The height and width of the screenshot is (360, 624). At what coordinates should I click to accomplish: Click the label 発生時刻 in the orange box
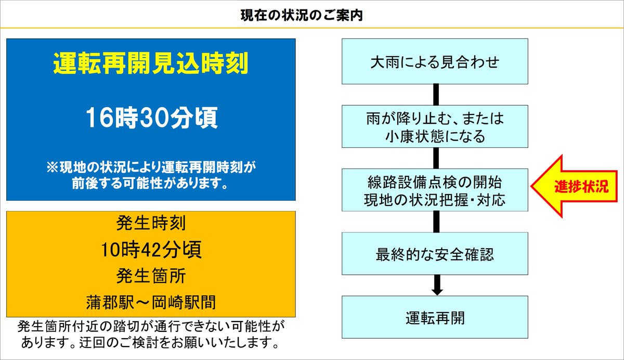151,224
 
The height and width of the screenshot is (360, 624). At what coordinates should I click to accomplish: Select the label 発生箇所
151,276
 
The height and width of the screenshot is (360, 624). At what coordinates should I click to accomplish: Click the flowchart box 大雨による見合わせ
435,61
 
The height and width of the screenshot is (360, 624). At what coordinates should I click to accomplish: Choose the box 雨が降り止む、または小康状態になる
435,126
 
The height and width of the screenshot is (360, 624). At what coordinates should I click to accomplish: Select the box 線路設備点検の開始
435,183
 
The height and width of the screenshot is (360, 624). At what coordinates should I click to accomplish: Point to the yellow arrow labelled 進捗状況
573,185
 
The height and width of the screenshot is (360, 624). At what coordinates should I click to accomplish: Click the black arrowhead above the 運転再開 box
437,289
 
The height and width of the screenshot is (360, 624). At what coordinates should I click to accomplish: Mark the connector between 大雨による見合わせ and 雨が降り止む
437,95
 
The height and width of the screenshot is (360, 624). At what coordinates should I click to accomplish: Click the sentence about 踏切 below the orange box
151,335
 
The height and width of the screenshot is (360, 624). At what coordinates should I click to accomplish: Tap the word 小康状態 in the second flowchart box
411,136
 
